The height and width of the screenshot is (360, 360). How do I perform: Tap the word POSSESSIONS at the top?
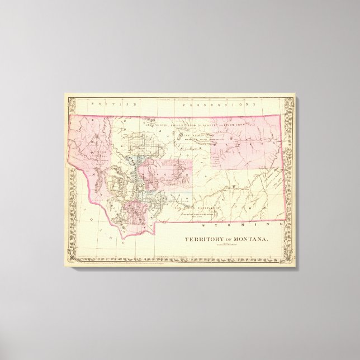point(215,104)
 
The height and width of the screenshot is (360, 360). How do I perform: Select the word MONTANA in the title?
point(251,240)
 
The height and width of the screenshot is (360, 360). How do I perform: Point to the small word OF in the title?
point(230,240)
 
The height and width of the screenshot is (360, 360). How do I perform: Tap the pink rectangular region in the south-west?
point(136,215)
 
